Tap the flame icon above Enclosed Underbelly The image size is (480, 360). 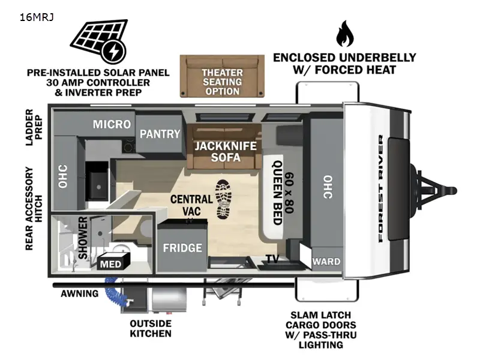[344, 34]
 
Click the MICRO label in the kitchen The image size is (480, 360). [112, 124]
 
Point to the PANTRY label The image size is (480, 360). [160, 134]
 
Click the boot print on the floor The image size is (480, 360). [224, 199]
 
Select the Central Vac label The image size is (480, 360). [191, 205]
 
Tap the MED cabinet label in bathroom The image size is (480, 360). [110, 264]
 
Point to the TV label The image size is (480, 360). [273, 259]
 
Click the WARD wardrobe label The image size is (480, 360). [327, 262]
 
